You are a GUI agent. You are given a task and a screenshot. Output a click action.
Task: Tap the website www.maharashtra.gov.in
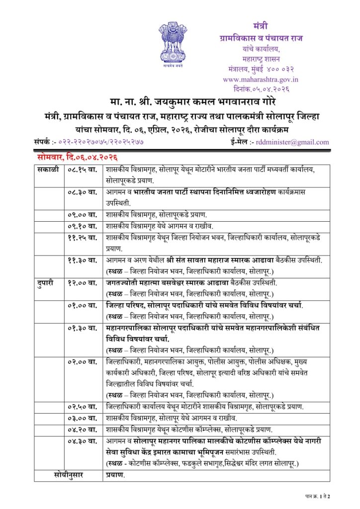(x=261, y=79)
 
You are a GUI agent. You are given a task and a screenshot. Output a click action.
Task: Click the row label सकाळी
(x=48, y=170)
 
